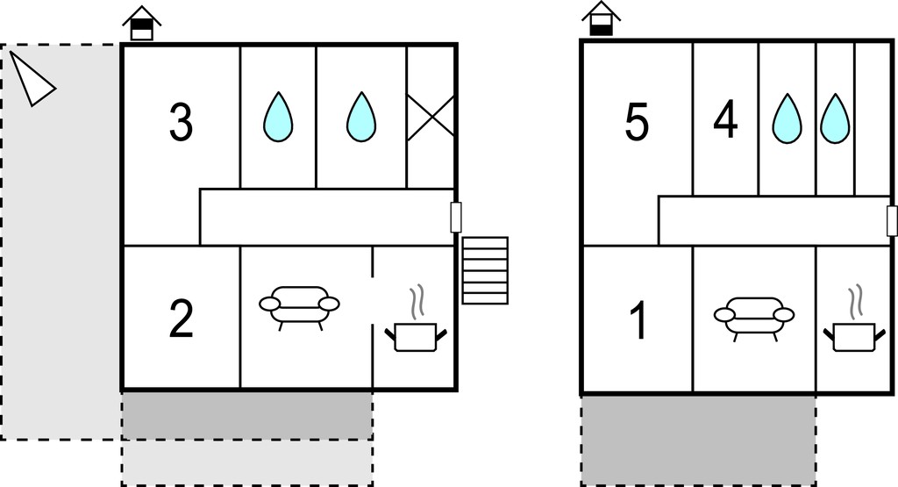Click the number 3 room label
[x=181, y=122]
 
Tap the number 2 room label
[x=181, y=319]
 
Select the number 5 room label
[x=637, y=121]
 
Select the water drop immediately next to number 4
[x=788, y=118]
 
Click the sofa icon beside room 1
[x=753, y=319]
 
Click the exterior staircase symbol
[x=485, y=270]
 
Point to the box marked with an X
[x=431, y=118]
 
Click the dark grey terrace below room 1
[x=699, y=440]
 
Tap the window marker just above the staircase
[x=456, y=217]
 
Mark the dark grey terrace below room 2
[x=246, y=416]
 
